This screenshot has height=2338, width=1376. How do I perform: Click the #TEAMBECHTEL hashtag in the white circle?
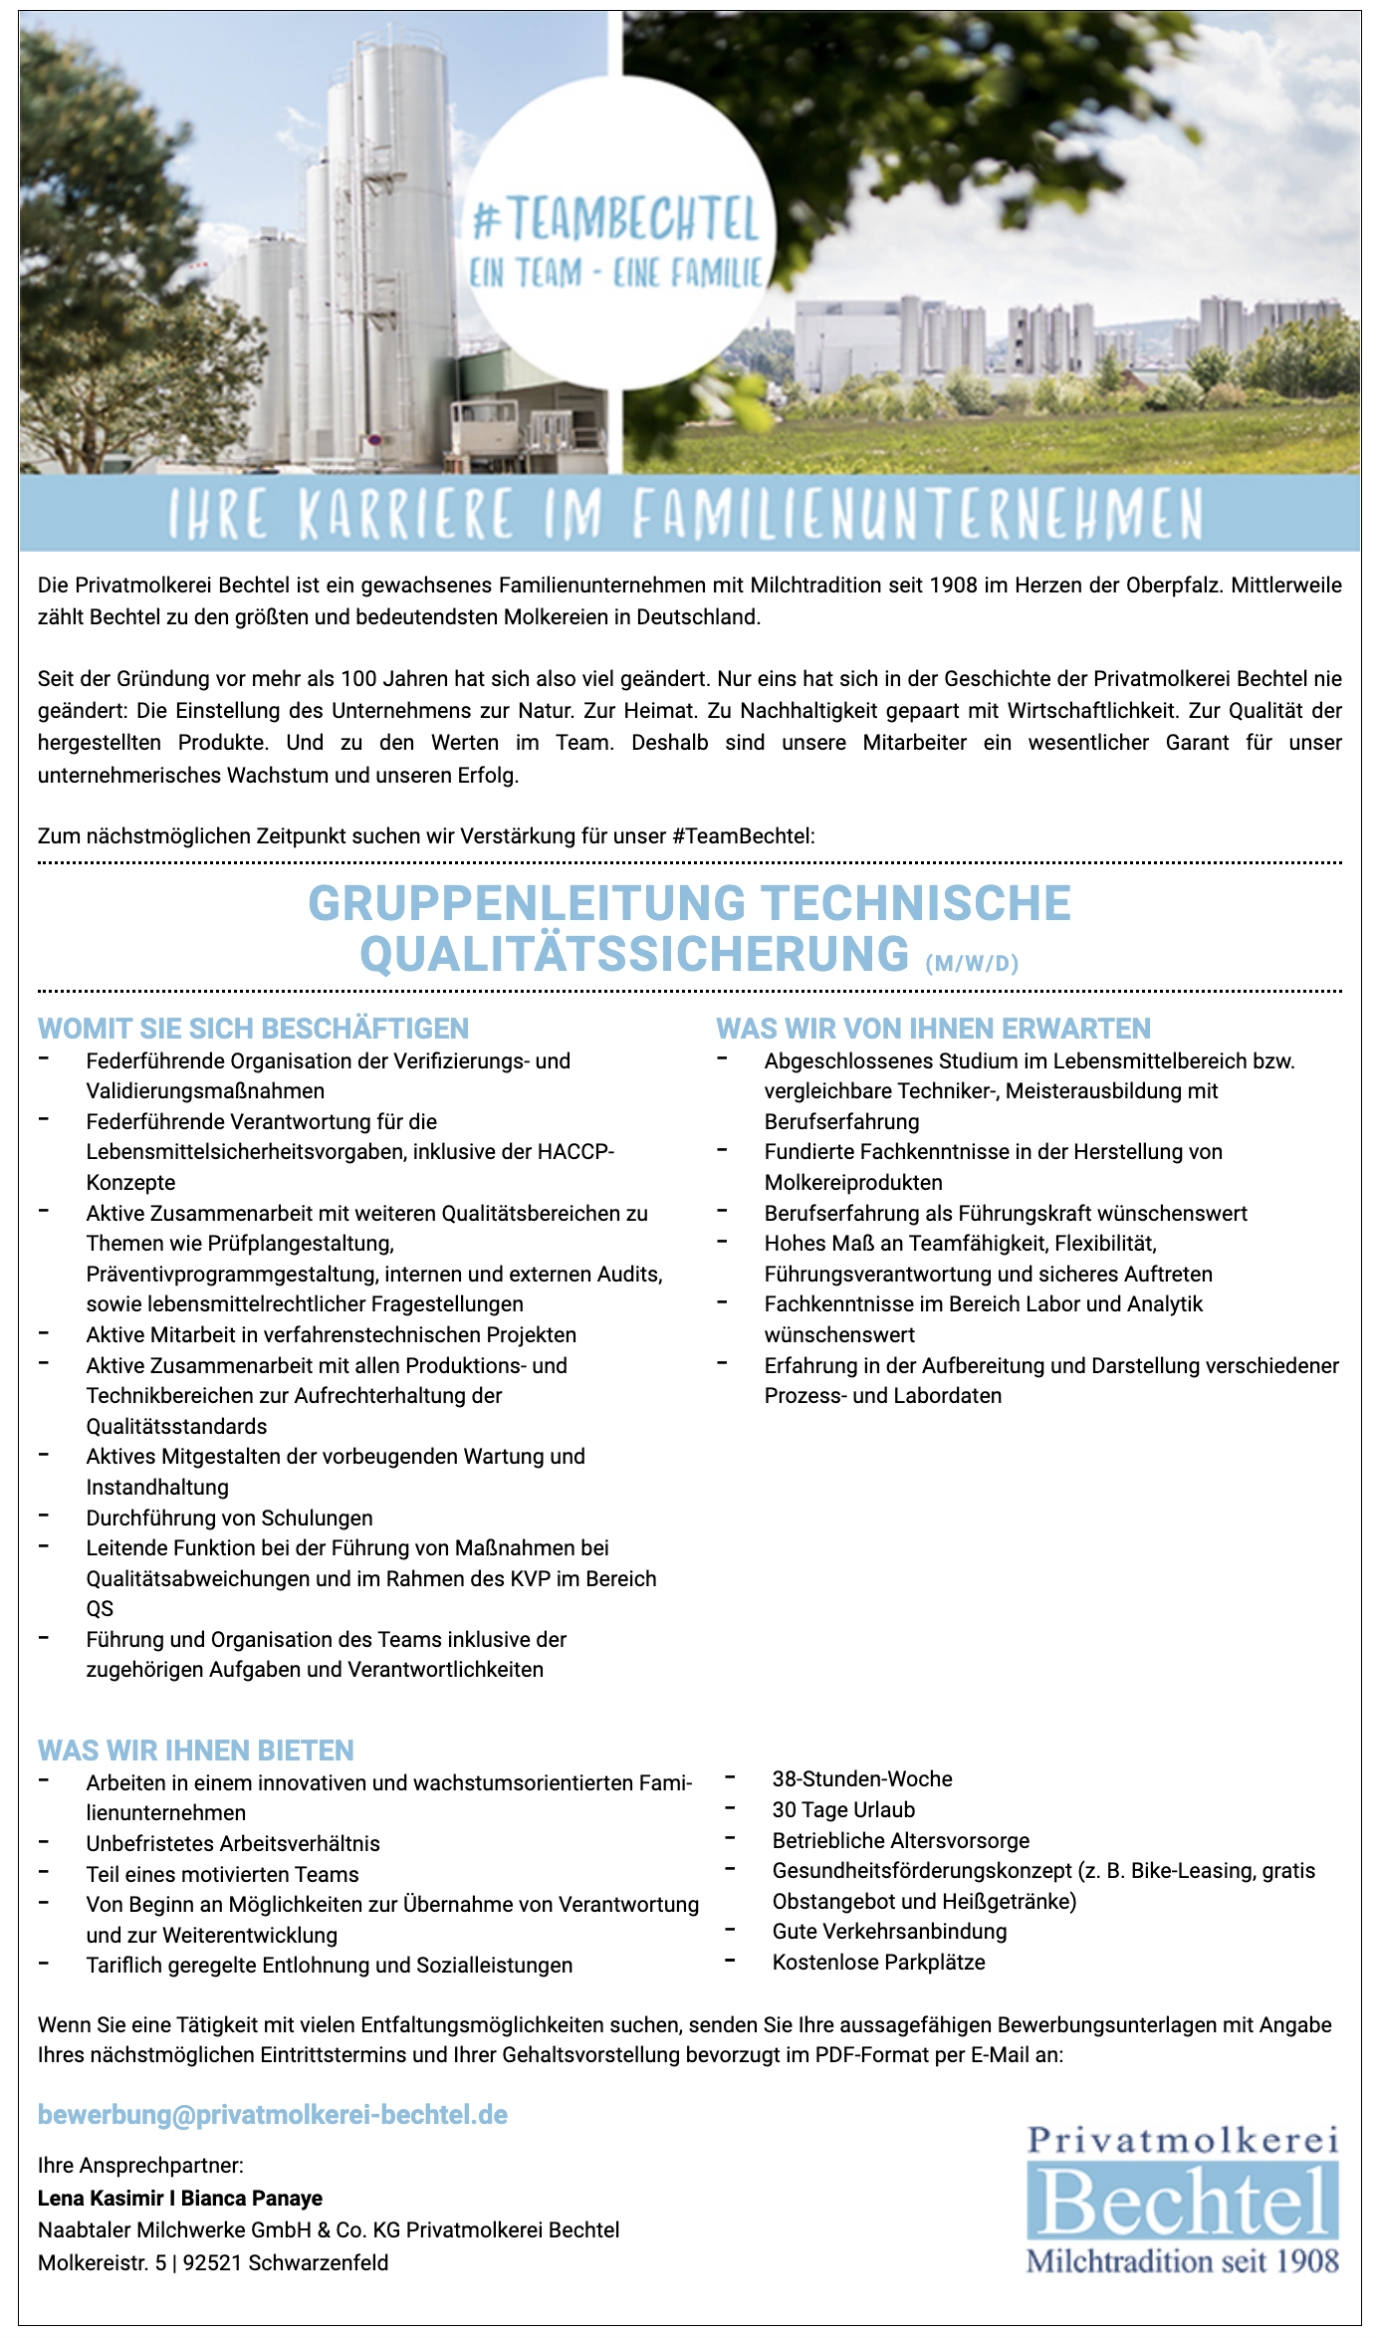[616, 220]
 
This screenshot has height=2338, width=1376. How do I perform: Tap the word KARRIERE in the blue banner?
[405, 516]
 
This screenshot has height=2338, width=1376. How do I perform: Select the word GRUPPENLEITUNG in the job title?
[527, 903]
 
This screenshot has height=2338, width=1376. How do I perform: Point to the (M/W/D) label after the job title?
[972, 964]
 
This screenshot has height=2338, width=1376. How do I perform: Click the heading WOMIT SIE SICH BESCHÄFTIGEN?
[253, 1029]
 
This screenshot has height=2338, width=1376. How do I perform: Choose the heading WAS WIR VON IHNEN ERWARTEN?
[933, 1029]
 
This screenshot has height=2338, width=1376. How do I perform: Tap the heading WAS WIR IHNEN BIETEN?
[195, 1750]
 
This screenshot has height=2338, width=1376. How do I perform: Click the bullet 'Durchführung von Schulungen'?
[229, 1518]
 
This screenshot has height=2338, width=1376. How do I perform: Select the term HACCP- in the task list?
[575, 1152]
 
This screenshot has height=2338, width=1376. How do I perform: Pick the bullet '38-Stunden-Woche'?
[862, 1778]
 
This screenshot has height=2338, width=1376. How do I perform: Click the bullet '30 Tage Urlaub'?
[843, 1809]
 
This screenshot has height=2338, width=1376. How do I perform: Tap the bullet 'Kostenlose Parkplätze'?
[878, 1962]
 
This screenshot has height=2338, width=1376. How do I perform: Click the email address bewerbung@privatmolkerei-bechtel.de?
[273, 2115]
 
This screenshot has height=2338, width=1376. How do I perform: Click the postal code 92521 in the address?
[212, 2262]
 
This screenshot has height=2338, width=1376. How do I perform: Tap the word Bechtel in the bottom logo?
[1182, 2203]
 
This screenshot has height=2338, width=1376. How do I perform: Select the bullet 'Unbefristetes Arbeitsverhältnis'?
[233, 1843]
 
